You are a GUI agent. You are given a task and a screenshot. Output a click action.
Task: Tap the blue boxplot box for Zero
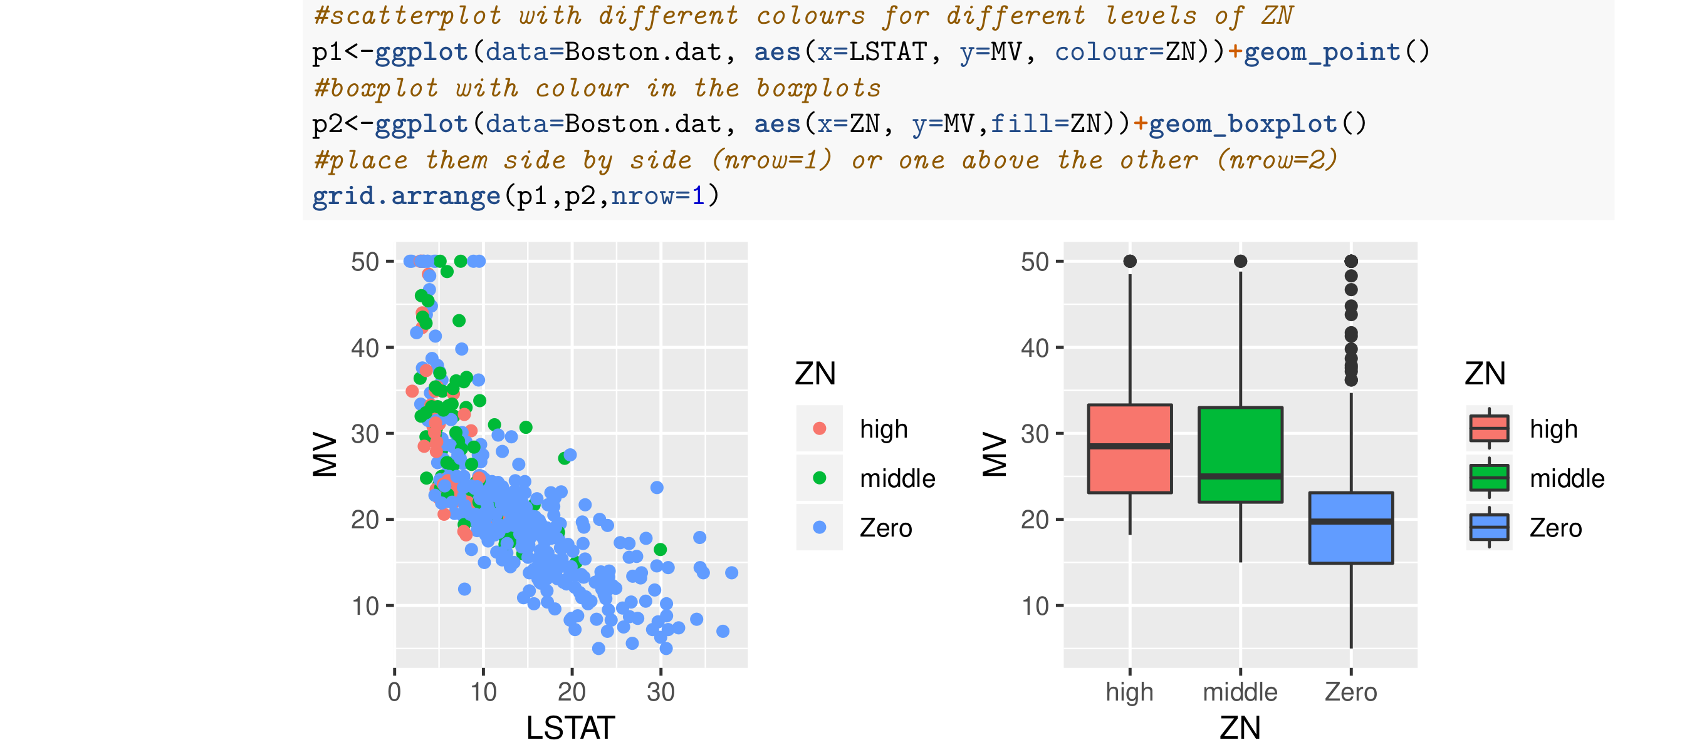pyautogui.click(x=1350, y=543)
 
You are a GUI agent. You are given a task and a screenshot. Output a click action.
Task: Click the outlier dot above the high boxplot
pyautogui.click(x=1130, y=261)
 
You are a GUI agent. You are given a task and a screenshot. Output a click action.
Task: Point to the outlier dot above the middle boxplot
pyautogui.click(x=1240, y=261)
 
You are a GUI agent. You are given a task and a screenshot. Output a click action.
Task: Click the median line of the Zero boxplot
pyautogui.click(x=1350, y=521)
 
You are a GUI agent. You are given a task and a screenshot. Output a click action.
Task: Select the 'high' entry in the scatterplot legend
pyautogui.click(x=884, y=429)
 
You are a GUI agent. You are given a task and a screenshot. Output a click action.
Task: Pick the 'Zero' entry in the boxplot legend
pyautogui.click(x=1555, y=528)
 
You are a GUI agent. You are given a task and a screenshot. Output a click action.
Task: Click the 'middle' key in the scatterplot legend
pyautogui.click(x=819, y=478)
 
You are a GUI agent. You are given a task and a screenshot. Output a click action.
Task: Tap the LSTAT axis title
pyautogui.click(x=570, y=727)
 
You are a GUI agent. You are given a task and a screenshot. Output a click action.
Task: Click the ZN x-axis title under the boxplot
pyautogui.click(x=1240, y=727)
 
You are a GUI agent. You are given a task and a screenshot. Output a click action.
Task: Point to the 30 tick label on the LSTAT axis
pyautogui.click(x=660, y=692)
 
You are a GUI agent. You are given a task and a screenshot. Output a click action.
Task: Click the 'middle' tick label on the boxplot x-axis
pyautogui.click(x=1240, y=692)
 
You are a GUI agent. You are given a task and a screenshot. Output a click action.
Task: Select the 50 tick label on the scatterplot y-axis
pyautogui.click(x=365, y=262)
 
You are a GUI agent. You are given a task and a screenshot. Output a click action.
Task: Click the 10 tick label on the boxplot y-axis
pyautogui.click(x=1035, y=606)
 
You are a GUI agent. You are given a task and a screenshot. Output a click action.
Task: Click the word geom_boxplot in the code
pyautogui.click(x=1242, y=124)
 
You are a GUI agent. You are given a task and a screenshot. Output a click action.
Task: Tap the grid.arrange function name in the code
pyautogui.click(x=406, y=196)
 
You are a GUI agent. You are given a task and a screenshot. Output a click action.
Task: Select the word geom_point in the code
pyautogui.click(x=1322, y=52)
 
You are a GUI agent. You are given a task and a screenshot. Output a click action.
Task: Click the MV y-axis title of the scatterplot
pyautogui.click(x=325, y=453)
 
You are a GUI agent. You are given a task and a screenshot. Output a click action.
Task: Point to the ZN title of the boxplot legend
pyautogui.click(x=1485, y=374)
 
